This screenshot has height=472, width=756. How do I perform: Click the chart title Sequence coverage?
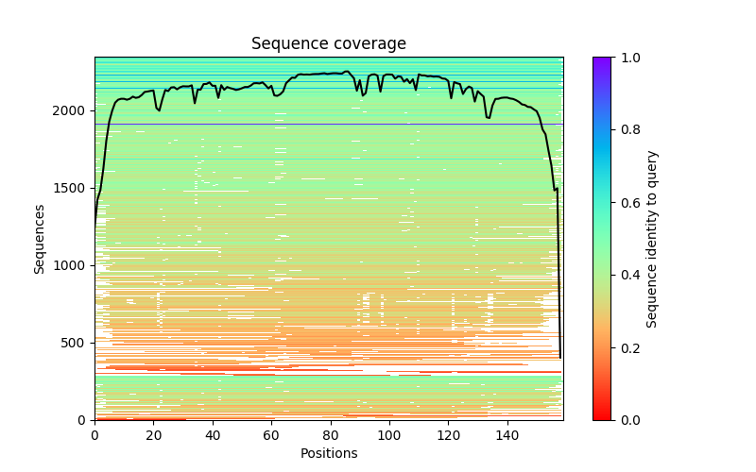click(328, 44)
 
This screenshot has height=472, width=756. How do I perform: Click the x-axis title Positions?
click(328, 453)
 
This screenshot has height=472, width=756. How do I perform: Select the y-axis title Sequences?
click(40, 238)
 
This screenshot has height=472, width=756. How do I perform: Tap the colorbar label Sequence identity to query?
click(652, 238)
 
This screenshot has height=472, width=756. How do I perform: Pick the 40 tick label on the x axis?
click(213, 435)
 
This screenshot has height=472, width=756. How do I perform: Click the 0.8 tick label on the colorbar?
click(626, 130)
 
